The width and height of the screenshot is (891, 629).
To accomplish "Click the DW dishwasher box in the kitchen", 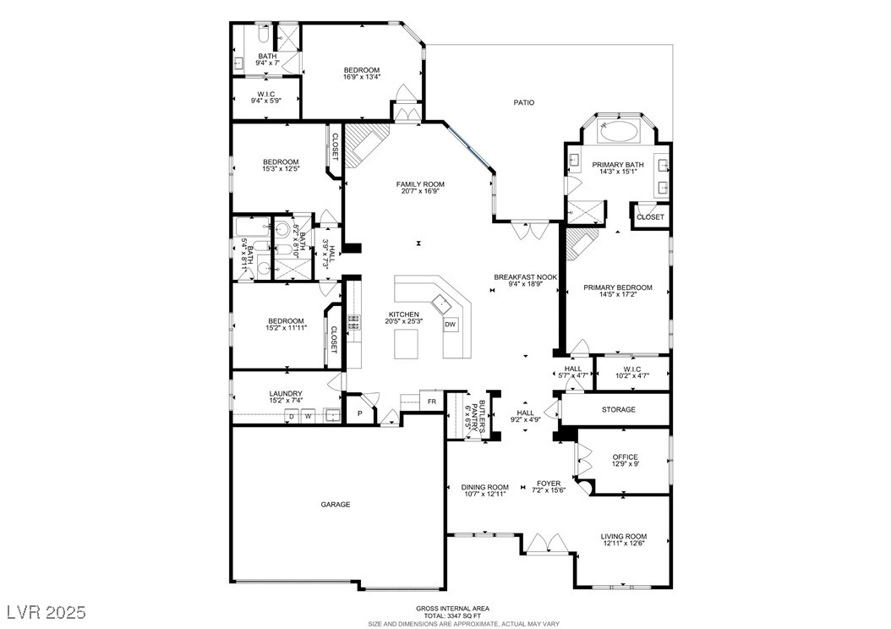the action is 450,325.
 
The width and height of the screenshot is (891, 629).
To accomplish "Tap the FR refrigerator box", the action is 432,401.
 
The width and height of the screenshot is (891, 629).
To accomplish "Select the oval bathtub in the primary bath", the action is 619,131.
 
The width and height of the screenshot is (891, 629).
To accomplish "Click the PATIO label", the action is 524,103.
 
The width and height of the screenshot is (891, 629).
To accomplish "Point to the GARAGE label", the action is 336,505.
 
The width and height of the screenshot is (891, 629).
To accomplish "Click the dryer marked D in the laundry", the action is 292,416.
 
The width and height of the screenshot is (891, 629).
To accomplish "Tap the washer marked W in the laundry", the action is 308,416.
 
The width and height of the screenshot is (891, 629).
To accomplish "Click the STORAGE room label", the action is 618,410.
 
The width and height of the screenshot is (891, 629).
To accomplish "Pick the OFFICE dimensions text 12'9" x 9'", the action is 625,463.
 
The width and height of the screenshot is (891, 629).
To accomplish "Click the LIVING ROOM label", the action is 624,536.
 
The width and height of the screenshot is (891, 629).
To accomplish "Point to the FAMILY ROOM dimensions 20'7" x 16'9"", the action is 420,191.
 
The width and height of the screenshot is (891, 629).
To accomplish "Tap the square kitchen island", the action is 407,344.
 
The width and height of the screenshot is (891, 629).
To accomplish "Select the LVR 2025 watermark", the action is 46,612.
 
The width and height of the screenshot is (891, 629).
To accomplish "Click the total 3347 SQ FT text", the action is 452,615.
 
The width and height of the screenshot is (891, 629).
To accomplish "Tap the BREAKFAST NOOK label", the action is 525,277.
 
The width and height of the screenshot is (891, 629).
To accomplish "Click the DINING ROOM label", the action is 484,487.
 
